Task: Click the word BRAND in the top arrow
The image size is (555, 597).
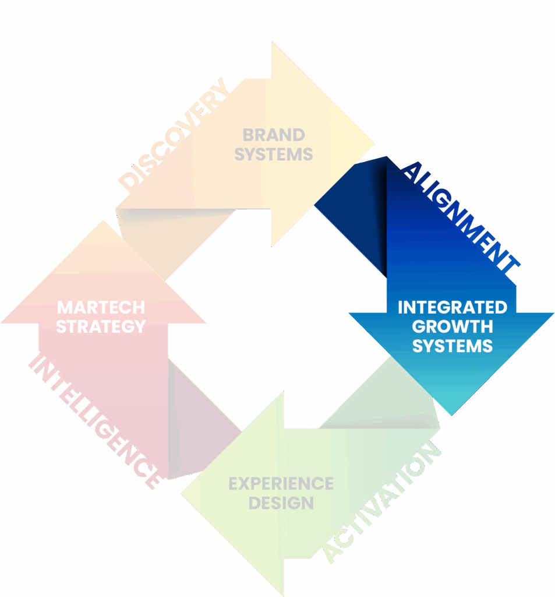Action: coord(273,135)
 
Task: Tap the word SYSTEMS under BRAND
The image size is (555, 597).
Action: coord(273,154)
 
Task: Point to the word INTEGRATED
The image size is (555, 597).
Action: coord(452,307)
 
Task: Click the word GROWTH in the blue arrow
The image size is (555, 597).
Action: coord(452,326)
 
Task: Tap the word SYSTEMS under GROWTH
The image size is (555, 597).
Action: coord(452,345)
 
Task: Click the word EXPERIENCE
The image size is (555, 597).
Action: coord(281,484)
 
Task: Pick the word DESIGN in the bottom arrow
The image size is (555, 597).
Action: coord(281,503)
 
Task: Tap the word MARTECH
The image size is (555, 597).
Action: coord(101,307)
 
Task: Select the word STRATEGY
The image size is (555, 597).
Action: coord(101,326)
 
